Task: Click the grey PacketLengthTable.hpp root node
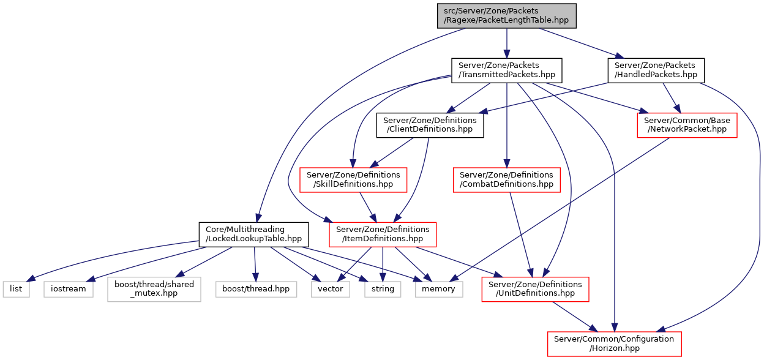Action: point(506,16)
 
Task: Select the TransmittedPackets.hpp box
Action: point(506,70)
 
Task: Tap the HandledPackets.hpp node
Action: point(656,70)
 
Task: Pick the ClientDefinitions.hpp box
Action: point(430,126)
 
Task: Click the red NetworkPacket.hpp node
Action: point(687,126)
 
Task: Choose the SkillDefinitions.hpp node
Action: point(353,180)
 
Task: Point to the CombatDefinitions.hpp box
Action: point(506,180)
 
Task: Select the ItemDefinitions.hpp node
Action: point(383,234)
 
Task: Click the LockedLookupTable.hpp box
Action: point(254,234)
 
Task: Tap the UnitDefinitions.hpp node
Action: point(535,289)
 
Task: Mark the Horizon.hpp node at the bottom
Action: point(614,344)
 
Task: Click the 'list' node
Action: point(16,289)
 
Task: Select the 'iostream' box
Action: point(68,289)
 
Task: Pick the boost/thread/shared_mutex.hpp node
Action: point(154,289)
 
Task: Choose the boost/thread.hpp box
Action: point(256,289)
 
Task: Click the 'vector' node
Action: point(330,289)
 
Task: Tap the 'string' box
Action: point(383,289)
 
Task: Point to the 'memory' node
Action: point(438,289)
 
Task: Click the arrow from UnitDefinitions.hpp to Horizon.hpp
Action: point(575,317)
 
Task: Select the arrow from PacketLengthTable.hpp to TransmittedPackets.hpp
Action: point(506,43)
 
